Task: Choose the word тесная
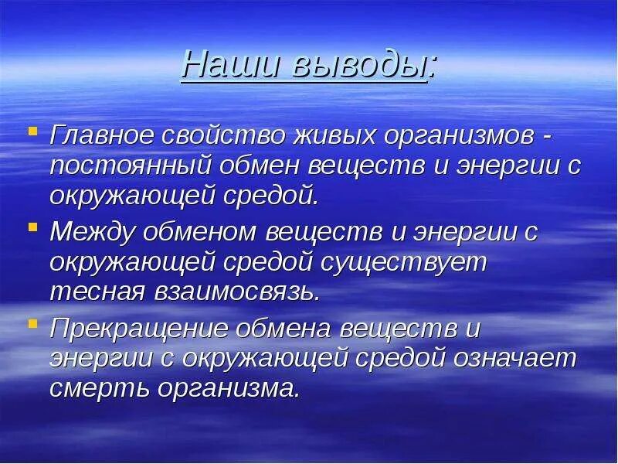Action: pyautogui.click(x=97, y=292)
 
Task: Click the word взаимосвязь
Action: pyautogui.click(x=236, y=292)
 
